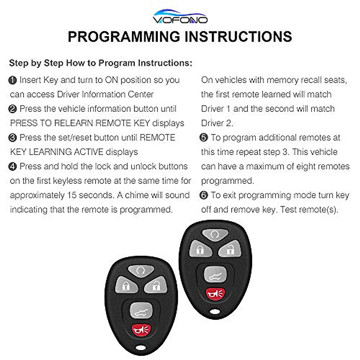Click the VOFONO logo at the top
(180, 17)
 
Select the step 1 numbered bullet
(13, 80)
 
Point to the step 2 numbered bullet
(13, 109)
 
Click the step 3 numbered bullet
(13, 138)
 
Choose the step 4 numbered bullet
(13, 166)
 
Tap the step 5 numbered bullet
(204, 138)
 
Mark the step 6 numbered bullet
(204, 195)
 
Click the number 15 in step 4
(72, 195)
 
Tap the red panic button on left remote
(141, 330)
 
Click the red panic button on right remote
(215, 294)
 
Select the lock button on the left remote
(126, 285)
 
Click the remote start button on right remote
(215, 234)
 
